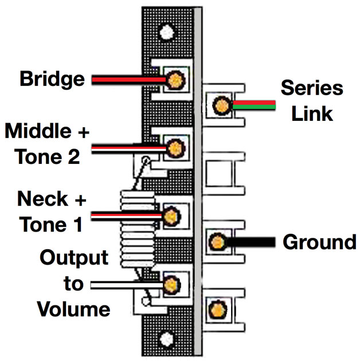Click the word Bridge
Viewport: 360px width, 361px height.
coord(52,79)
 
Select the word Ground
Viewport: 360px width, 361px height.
coord(319,242)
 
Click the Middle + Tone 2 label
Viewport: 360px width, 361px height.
coord(48,144)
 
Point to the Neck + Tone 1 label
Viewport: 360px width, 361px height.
coord(52,211)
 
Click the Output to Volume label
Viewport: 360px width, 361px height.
coord(73,284)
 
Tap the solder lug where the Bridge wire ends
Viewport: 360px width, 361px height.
coord(174,80)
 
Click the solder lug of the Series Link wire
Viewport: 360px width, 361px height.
coord(220,105)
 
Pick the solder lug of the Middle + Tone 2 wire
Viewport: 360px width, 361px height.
coord(174,148)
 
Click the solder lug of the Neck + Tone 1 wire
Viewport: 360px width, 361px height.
coord(170,217)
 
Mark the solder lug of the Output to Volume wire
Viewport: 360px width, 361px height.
coord(170,283)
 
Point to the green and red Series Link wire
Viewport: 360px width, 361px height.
coord(256,105)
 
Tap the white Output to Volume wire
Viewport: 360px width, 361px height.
coord(123,284)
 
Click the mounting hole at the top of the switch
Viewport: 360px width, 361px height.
coord(166,31)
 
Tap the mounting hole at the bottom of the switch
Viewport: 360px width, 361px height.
coord(166,337)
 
